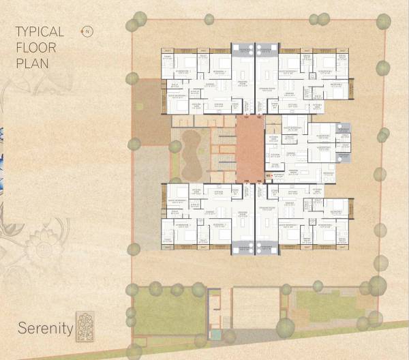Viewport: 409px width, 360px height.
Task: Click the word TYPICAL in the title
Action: click(40, 32)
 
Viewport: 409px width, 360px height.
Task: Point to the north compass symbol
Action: click(87, 31)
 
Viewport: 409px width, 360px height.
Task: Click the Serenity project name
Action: click(46, 328)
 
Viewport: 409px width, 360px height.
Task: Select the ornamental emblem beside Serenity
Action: click(85, 326)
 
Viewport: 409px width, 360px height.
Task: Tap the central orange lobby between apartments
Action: click(249, 149)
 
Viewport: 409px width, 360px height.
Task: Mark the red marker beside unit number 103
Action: click(269, 176)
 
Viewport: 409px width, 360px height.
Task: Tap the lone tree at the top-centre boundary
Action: click(209, 19)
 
